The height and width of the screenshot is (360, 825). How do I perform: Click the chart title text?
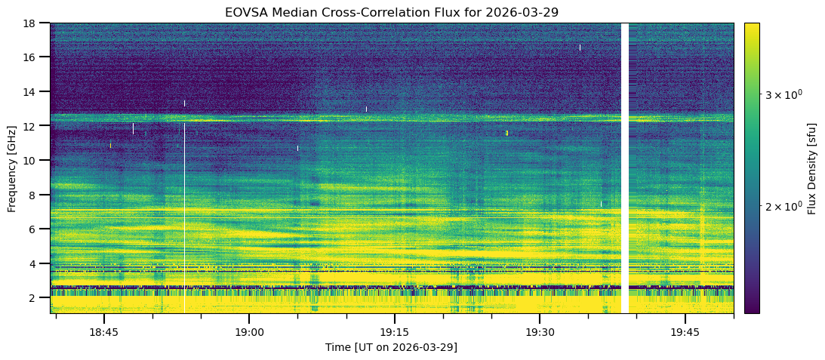392,13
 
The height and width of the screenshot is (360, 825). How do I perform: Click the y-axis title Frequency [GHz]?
12,168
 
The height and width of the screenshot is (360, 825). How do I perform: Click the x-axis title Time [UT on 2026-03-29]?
391,347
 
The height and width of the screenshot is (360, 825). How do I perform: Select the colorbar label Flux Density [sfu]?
812,168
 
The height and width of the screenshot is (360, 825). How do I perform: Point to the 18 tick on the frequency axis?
32,23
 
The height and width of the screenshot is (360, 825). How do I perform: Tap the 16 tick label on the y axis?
32,57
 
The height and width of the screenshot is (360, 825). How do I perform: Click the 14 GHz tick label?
32,92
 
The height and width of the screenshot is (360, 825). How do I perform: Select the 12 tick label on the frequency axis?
32,126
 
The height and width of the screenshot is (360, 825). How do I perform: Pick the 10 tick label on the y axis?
32,161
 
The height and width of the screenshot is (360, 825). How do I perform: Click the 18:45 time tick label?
103,332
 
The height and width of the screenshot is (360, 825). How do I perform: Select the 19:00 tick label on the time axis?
249,332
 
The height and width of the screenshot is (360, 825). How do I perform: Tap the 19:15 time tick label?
394,332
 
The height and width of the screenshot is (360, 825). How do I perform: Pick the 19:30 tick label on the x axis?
540,332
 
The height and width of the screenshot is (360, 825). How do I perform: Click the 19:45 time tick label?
685,332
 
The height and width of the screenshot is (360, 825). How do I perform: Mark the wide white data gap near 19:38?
624,168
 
